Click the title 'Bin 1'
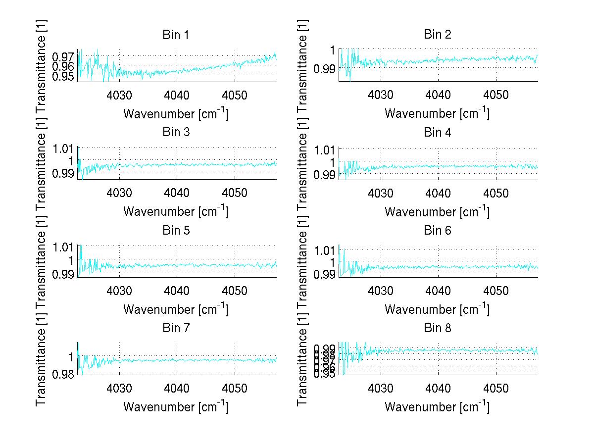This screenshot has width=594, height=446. [x=176, y=35]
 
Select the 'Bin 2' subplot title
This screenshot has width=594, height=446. [x=438, y=34]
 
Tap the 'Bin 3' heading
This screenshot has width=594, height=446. [x=176, y=132]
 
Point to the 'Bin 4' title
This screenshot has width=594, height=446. [x=438, y=132]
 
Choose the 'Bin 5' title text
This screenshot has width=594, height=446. [x=176, y=230]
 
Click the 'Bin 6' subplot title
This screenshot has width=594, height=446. [x=438, y=230]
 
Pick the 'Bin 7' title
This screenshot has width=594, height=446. [x=176, y=328]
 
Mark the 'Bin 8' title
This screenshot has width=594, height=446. [x=438, y=328]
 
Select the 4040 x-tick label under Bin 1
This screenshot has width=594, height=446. [x=176, y=95]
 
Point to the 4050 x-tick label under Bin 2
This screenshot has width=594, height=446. [x=496, y=95]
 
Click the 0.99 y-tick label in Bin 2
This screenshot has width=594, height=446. [x=324, y=68]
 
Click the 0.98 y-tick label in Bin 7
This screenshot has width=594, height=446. [x=63, y=374]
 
